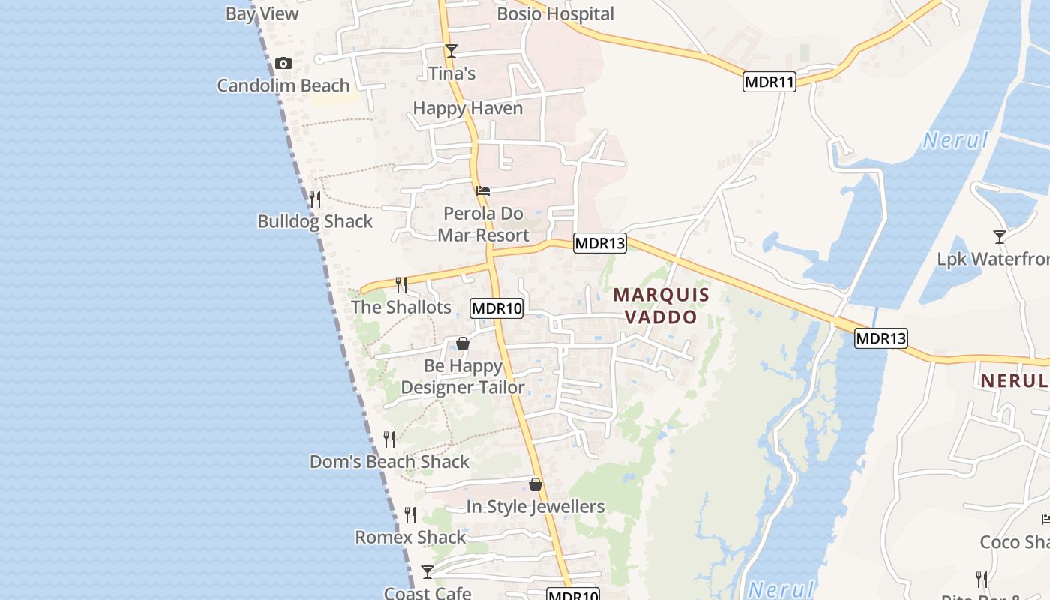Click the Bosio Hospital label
click(x=555, y=14)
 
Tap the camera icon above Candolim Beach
click(x=283, y=64)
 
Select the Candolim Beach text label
click(x=283, y=85)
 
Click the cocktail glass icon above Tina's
click(x=451, y=51)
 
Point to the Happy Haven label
click(x=468, y=108)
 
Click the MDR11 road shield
click(x=769, y=82)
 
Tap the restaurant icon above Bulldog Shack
click(x=315, y=199)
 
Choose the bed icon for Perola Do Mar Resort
click(x=483, y=191)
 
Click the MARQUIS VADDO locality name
click(x=661, y=305)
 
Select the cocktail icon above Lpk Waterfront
click(x=999, y=237)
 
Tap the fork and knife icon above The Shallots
click(x=401, y=284)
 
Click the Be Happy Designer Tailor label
click(x=463, y=376)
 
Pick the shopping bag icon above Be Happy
click(x=463, y=343)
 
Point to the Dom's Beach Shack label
click(x=389, y=462)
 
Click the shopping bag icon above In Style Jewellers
click(x=535, y=484)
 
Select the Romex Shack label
click(x=410, y=538)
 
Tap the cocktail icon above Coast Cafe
click(x=427, y=572)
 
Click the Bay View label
click(x=262, y=13)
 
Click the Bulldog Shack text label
click(x=315, y=221)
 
